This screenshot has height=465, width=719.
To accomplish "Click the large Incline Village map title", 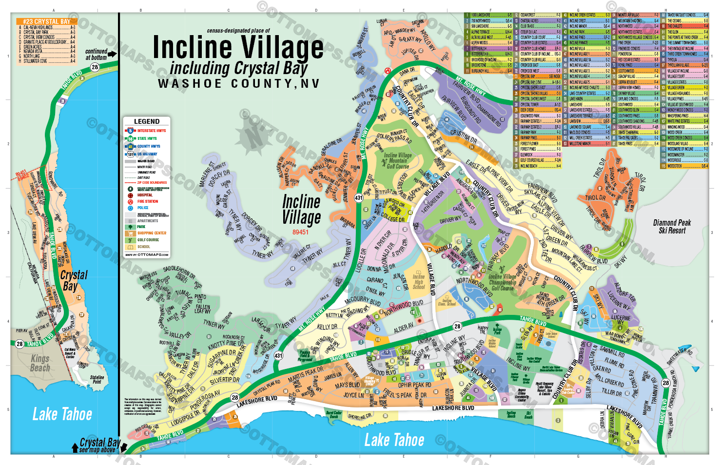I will click(x=238, y=48).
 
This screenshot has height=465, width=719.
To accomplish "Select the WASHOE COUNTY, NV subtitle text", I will click(x=238, y=84).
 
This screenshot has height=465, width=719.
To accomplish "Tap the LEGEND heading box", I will click(x=146, y=121).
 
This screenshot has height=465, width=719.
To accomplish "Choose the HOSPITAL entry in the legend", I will click(x=145, y=195).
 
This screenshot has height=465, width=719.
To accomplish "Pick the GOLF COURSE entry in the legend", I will click(x=148, y=240).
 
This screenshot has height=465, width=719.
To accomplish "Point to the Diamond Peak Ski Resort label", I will click(x=672, y=227).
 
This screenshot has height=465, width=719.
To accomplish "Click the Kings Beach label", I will click(x=40, y=363).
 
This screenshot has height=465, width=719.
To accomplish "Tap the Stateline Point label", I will click(x=97, y=379).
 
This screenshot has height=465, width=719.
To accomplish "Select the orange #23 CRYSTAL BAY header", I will click(x=47, y=21).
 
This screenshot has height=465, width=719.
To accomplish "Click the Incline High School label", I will click(x=419, y=282).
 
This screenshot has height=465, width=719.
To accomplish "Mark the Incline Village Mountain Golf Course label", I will click(x=398, y=161).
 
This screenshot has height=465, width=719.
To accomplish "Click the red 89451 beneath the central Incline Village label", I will click(x=300, y=232).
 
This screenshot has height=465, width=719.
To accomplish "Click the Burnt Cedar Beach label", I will click(x=334, y=415).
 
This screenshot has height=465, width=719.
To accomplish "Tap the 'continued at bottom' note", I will click(x=97, y=54).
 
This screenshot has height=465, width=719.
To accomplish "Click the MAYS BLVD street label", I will click(x=348, y=385).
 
